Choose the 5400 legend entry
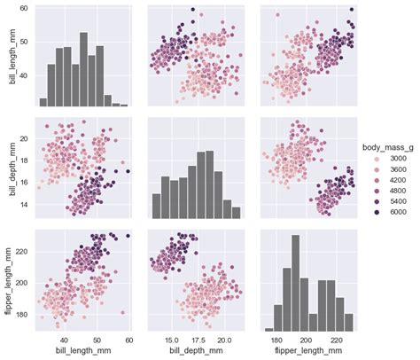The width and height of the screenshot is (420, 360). pyautogui.click(x=393, y=201)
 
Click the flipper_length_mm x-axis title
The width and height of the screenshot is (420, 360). pyautogui.click(x=304, y=352)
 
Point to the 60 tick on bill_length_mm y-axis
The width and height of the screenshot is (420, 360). pyautogui.click(x=24, y=8)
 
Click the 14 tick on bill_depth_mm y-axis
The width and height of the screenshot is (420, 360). pyautogui.click(x=24, y=205)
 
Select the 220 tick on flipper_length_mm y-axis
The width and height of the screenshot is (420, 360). pyautogui.click(x=22, y=252)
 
